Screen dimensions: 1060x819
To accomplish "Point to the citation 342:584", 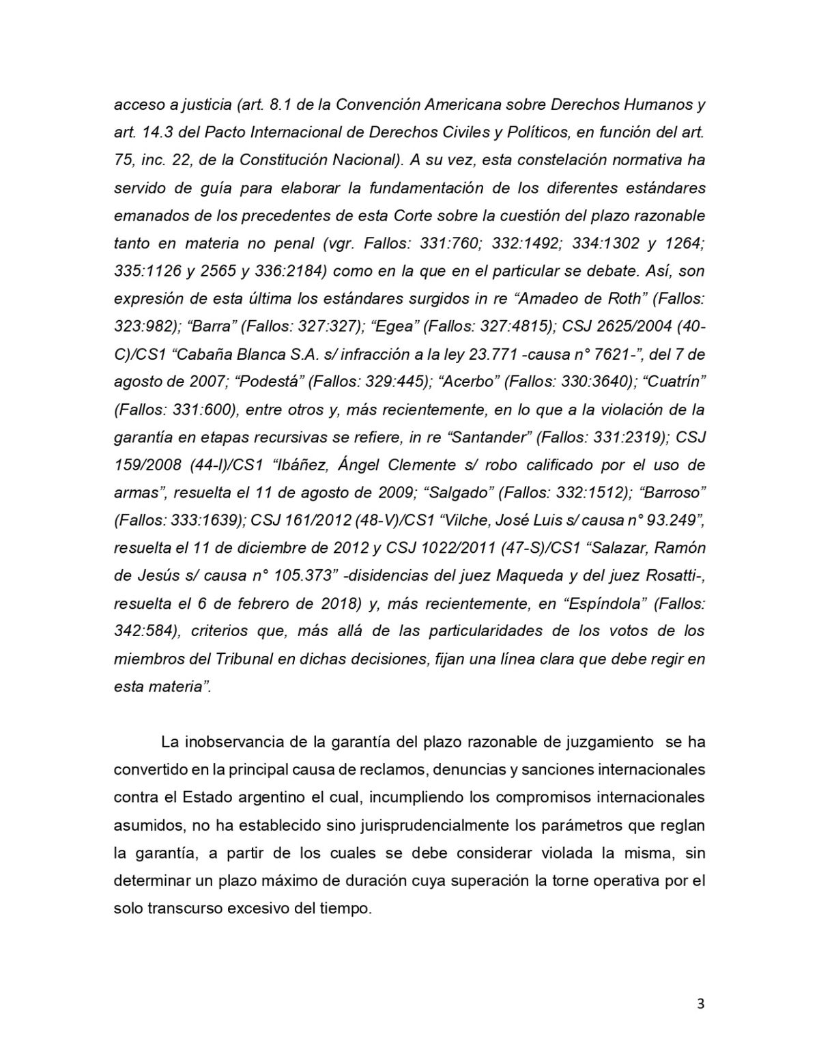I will click(x=143, y=630).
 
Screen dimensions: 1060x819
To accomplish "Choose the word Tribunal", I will click(x=245, y=658).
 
